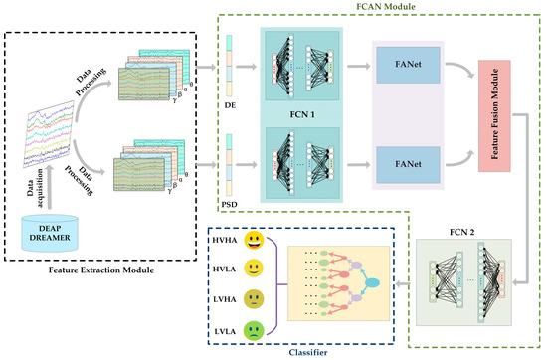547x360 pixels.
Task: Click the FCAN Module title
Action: click(375, 7)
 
